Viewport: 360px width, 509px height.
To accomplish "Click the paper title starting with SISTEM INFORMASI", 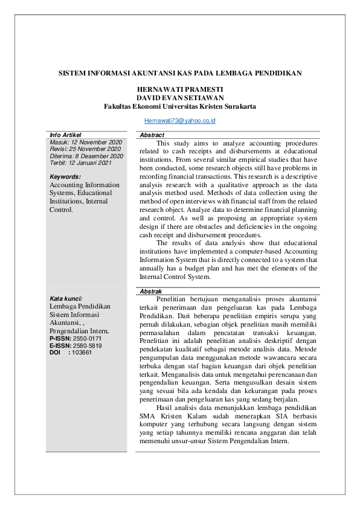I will (x=180, y=73).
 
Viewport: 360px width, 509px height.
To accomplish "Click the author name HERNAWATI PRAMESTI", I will (x=180, y=89).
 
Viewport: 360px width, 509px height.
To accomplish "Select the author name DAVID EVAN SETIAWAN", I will (x=180, y=97).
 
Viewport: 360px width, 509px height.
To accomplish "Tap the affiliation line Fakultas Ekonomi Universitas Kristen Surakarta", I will (x=180, y=106).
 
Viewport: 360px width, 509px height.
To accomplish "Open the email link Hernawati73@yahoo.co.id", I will (x=180, y=121).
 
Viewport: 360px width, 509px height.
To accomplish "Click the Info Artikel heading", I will (x=65, y=135).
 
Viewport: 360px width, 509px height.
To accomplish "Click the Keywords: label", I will (x=66, y=177).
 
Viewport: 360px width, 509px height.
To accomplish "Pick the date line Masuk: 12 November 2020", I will (x=86, y=142).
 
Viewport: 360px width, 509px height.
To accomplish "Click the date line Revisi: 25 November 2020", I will (x=86, y=149).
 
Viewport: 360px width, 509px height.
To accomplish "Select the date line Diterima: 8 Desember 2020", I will (x=86, y=156).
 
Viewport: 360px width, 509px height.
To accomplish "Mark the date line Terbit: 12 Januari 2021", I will (x=80, y=163).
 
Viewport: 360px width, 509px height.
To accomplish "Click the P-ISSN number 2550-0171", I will (x=88, y=339).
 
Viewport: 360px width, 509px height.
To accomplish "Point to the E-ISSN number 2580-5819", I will (x=88, y=346).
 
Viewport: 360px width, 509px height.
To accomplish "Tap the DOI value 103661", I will (x=82, y=353).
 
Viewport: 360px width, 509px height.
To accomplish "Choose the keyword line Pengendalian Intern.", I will (x=79, y=331).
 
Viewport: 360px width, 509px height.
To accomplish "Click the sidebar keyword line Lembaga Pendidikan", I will (x=80, y=307).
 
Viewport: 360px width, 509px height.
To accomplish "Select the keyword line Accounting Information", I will (x=85, y=185).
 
